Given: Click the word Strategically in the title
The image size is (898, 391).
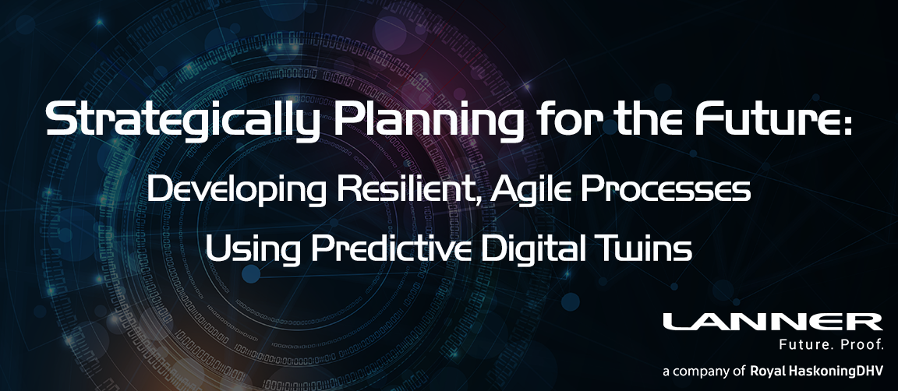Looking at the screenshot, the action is tap(182, 121).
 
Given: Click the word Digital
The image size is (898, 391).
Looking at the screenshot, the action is tap(532, 250).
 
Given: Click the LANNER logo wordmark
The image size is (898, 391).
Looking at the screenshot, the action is tap(772, 322).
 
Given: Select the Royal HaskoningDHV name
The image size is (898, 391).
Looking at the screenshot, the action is tap(817, 372).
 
